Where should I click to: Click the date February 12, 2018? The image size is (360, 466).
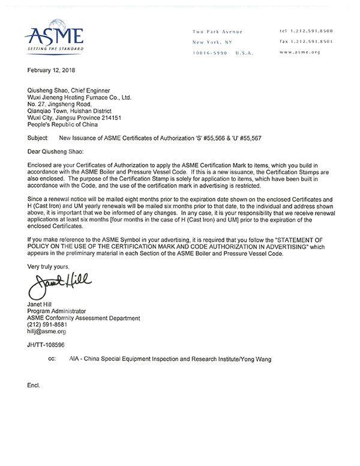(x=53, y=70)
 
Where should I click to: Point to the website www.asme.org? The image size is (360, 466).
(x=301, y=52)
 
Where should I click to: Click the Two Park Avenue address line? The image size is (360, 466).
(x=217, y=31)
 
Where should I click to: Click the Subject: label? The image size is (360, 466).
(x=40, y=138)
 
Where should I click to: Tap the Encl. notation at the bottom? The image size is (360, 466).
(x=34, y=384)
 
